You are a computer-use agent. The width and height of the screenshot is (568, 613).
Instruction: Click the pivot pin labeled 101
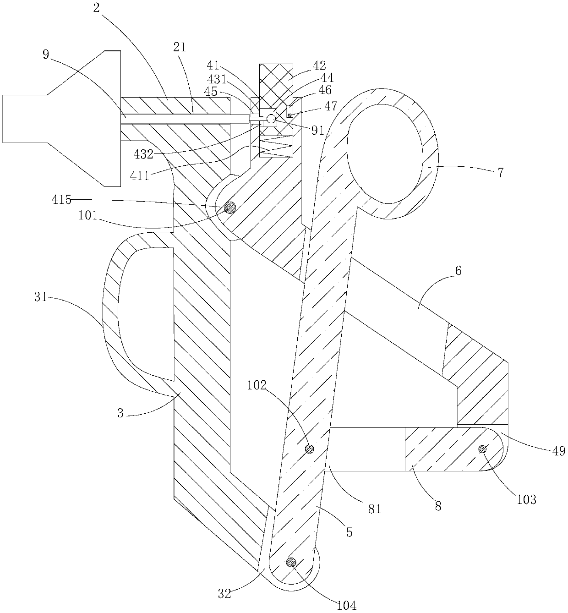click(229, 208)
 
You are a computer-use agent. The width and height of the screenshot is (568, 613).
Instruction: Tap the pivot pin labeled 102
click(310, 449)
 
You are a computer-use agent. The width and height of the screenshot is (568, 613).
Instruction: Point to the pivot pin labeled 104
click(290, 562)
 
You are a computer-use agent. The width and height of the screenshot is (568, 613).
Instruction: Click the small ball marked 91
click(271, 119)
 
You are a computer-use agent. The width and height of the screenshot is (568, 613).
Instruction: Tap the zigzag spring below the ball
click(276, 146)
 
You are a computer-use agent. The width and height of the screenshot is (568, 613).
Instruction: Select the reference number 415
click(61, 200)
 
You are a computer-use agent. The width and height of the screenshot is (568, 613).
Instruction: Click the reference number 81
click(374, 508)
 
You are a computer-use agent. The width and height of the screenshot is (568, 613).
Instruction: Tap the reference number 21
click(180, 47)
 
